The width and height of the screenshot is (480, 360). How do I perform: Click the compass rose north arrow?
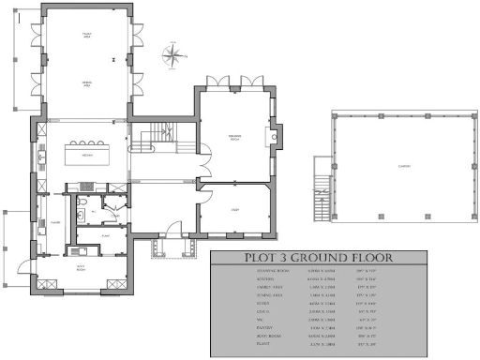point(172,56)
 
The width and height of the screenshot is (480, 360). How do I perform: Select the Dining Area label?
point(85,84)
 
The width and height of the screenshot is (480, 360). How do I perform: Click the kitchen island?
point(86,151)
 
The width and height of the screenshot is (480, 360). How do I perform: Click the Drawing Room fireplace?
point(273,139)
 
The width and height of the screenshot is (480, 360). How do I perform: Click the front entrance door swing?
point(174,227)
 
